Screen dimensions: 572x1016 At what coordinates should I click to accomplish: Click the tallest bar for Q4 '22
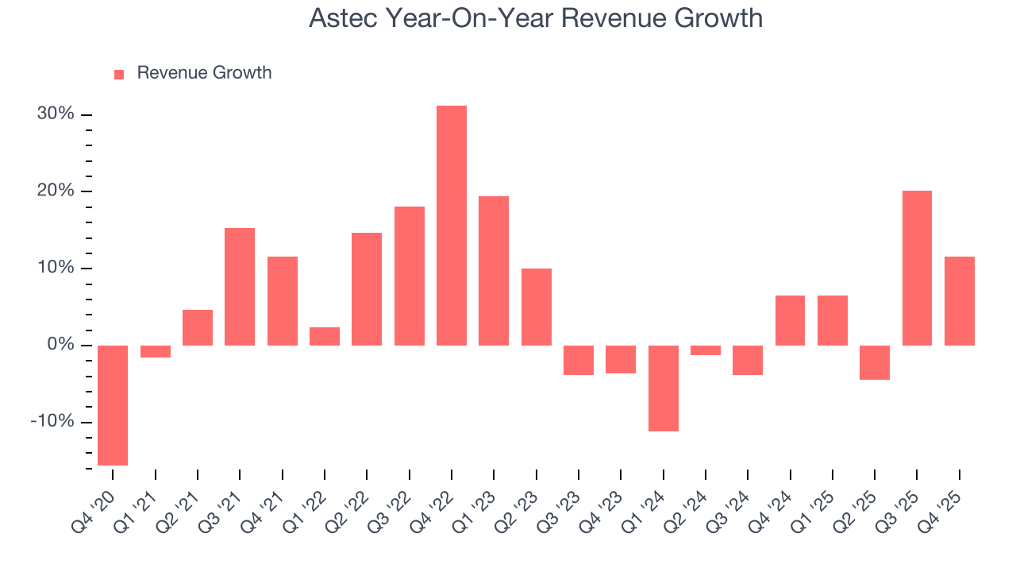tap(452, 226)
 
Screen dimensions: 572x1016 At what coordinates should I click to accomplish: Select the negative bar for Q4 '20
tap(113, 405)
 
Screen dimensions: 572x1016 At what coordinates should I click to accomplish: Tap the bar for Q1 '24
tap(664, 388)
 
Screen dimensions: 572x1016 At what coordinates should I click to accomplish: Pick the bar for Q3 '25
tap(917, 268)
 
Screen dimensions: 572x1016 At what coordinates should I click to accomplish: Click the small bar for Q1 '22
tap(325, 336)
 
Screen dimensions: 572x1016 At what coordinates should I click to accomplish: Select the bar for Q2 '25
tap(875, 362)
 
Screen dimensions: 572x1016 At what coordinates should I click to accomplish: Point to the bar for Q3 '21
tap(240, 287)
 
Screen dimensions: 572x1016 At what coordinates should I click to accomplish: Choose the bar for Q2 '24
tap(706, 350)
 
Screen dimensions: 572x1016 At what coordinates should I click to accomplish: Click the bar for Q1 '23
tap(494, 271)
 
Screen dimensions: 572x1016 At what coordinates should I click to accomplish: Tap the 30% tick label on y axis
tap(56, 114)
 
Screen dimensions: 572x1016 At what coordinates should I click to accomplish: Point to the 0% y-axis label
tap(60, 345)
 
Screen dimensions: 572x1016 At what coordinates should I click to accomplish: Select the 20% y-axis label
tap(56, 191)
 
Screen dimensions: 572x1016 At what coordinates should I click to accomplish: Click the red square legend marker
tap(119, 74)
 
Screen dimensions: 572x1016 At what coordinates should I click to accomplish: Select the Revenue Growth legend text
tap(204, 73)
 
